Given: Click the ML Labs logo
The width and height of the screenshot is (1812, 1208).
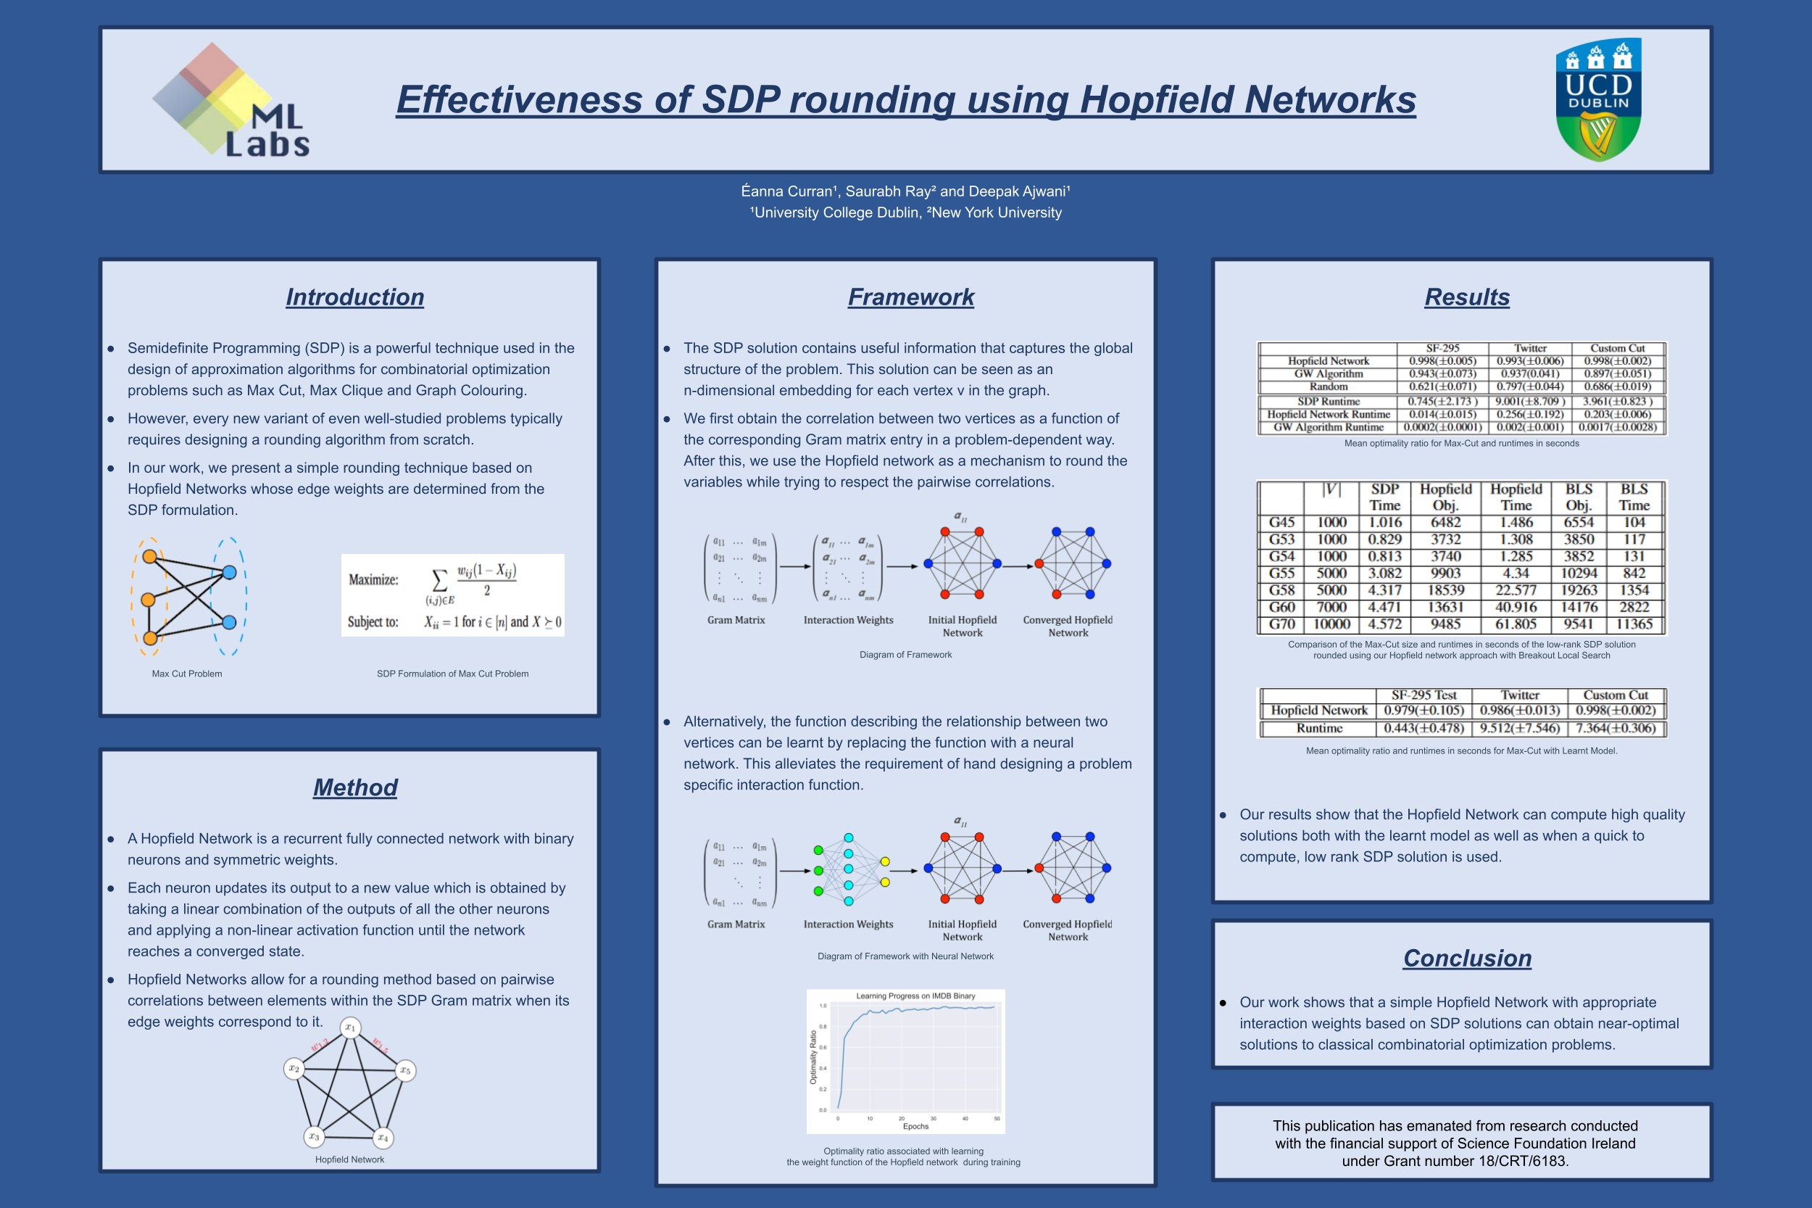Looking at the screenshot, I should pos(230,100).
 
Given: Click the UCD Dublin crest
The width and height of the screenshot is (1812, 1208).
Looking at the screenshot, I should pos(1598,99).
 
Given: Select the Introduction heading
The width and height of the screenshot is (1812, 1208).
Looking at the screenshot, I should pos(355,297).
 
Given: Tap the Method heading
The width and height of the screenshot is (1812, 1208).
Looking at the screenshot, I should pos(355,787).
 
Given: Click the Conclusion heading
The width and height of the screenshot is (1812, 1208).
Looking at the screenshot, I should pos(1467,958).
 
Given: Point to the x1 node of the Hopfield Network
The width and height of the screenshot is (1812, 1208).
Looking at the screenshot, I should pos(350,1027).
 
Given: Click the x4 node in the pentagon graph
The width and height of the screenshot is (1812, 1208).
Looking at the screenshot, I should pos(383,1137).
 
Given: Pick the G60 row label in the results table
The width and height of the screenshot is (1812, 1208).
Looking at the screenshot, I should pos(1281,607).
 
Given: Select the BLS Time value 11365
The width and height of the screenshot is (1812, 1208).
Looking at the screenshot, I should pos(1634,624).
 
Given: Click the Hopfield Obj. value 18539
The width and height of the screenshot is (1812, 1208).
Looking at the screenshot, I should pos(1445,590).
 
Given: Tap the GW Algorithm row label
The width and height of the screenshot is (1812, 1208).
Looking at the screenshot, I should pos(1329,373).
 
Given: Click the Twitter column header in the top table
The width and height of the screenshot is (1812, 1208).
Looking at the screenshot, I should pos(1529,348).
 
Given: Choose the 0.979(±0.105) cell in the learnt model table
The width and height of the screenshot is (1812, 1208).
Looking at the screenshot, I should pos(1423,711).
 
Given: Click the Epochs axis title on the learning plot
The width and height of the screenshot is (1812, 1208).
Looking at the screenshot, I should pos(915,1126).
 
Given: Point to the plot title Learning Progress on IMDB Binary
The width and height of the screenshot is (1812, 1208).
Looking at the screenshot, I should pos(915,996).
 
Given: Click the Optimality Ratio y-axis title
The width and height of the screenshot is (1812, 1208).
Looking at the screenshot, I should pos(813,1057).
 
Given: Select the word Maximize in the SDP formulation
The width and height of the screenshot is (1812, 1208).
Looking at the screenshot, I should pos(373,580).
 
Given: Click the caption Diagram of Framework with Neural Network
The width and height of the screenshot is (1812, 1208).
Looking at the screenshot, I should pos(905,956).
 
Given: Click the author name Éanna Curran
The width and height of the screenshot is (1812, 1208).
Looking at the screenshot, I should pos(787,191).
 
